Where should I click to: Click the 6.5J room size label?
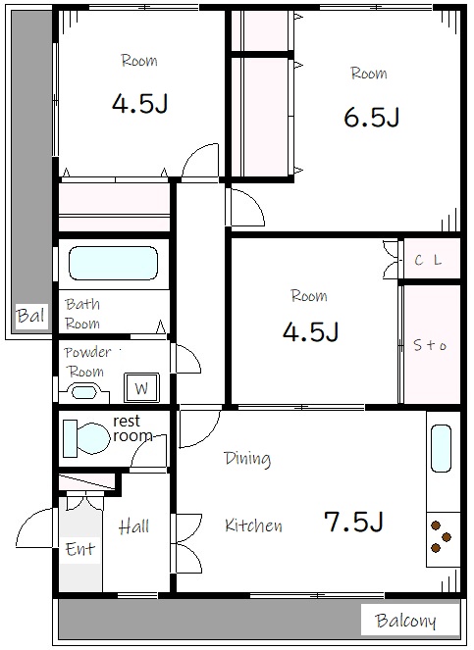tap(372, 117)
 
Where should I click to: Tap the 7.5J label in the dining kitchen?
tap(353, 522)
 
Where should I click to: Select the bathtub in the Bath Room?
tap(113, 264)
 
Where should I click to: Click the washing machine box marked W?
tap(141, 388)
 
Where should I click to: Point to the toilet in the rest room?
tap(86, 438)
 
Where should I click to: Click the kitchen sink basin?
tap(441, 449)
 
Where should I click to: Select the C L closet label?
tap(428, 261)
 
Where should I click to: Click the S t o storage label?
tap(430, 345)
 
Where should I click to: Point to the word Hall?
tap(133, 526)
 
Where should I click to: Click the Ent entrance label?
tap(80, 549)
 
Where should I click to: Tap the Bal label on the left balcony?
tap(30, 317)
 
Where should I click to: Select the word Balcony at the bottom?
tap(405, 621)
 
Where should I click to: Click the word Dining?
tap(247, 459)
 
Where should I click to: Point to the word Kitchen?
tap(253, 525)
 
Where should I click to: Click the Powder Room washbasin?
tap(83, 392)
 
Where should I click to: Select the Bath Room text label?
tap(82, 314)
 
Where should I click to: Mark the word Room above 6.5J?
tap(369, 74)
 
